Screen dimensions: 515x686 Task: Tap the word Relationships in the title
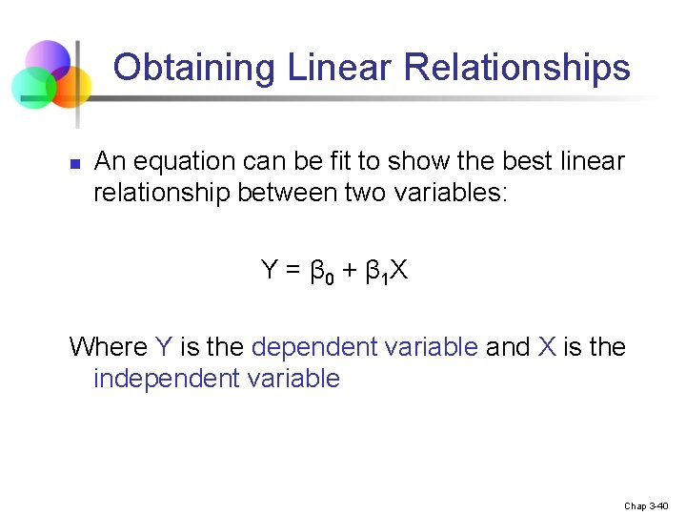516,69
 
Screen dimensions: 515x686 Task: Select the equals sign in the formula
293,271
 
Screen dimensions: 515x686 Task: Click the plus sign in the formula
349,271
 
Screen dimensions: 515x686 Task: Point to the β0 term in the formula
320,273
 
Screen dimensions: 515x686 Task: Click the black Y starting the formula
270,271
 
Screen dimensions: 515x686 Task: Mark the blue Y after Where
163,346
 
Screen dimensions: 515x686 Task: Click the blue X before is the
546,346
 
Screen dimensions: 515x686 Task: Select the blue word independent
153,379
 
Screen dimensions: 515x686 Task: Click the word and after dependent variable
507,346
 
